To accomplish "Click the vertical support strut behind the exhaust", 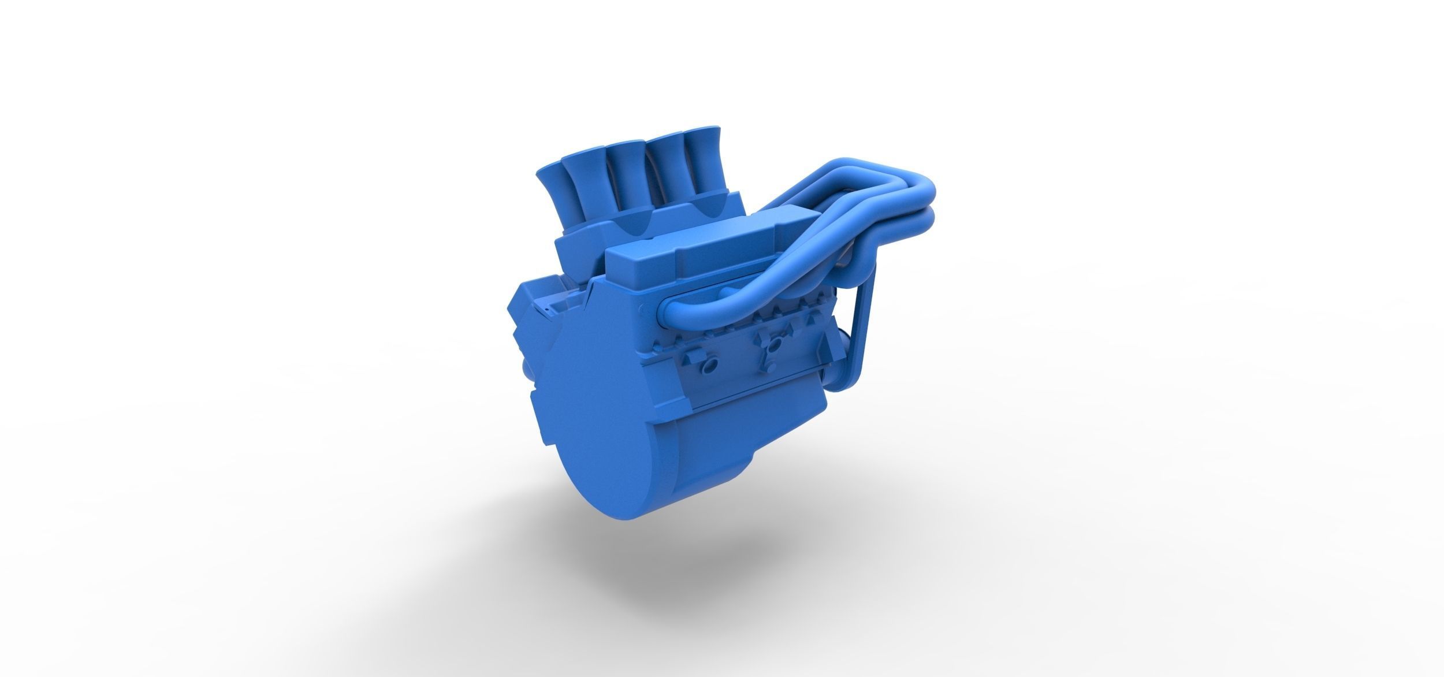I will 866,329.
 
